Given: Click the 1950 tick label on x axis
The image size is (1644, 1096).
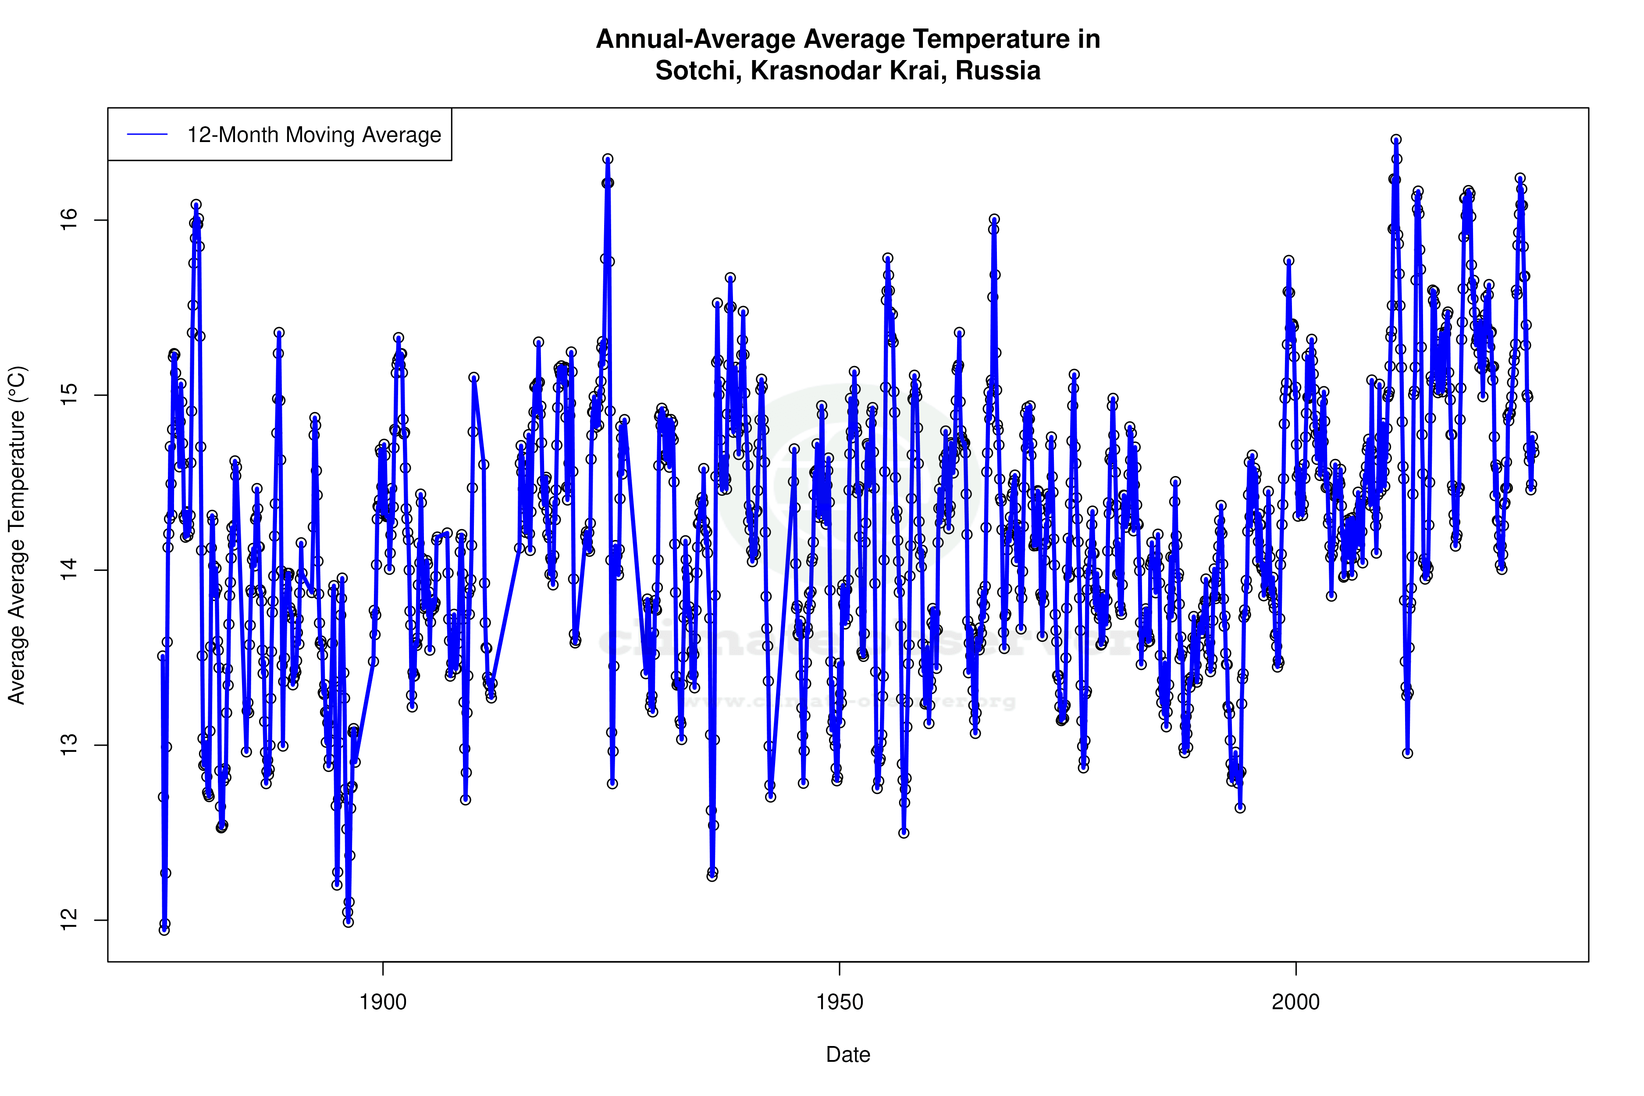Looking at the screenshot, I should click(x=840, y=1002).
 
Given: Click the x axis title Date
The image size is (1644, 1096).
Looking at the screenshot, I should click(x=848, y=1055).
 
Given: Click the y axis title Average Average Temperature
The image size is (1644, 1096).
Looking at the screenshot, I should click(x=17, y=535).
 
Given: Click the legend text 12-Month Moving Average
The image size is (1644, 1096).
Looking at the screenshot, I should click(x=314, y=135).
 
